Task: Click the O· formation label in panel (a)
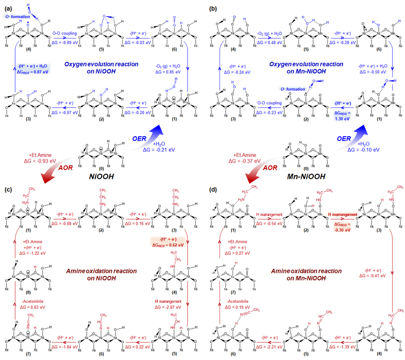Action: (x=14, y=16)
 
